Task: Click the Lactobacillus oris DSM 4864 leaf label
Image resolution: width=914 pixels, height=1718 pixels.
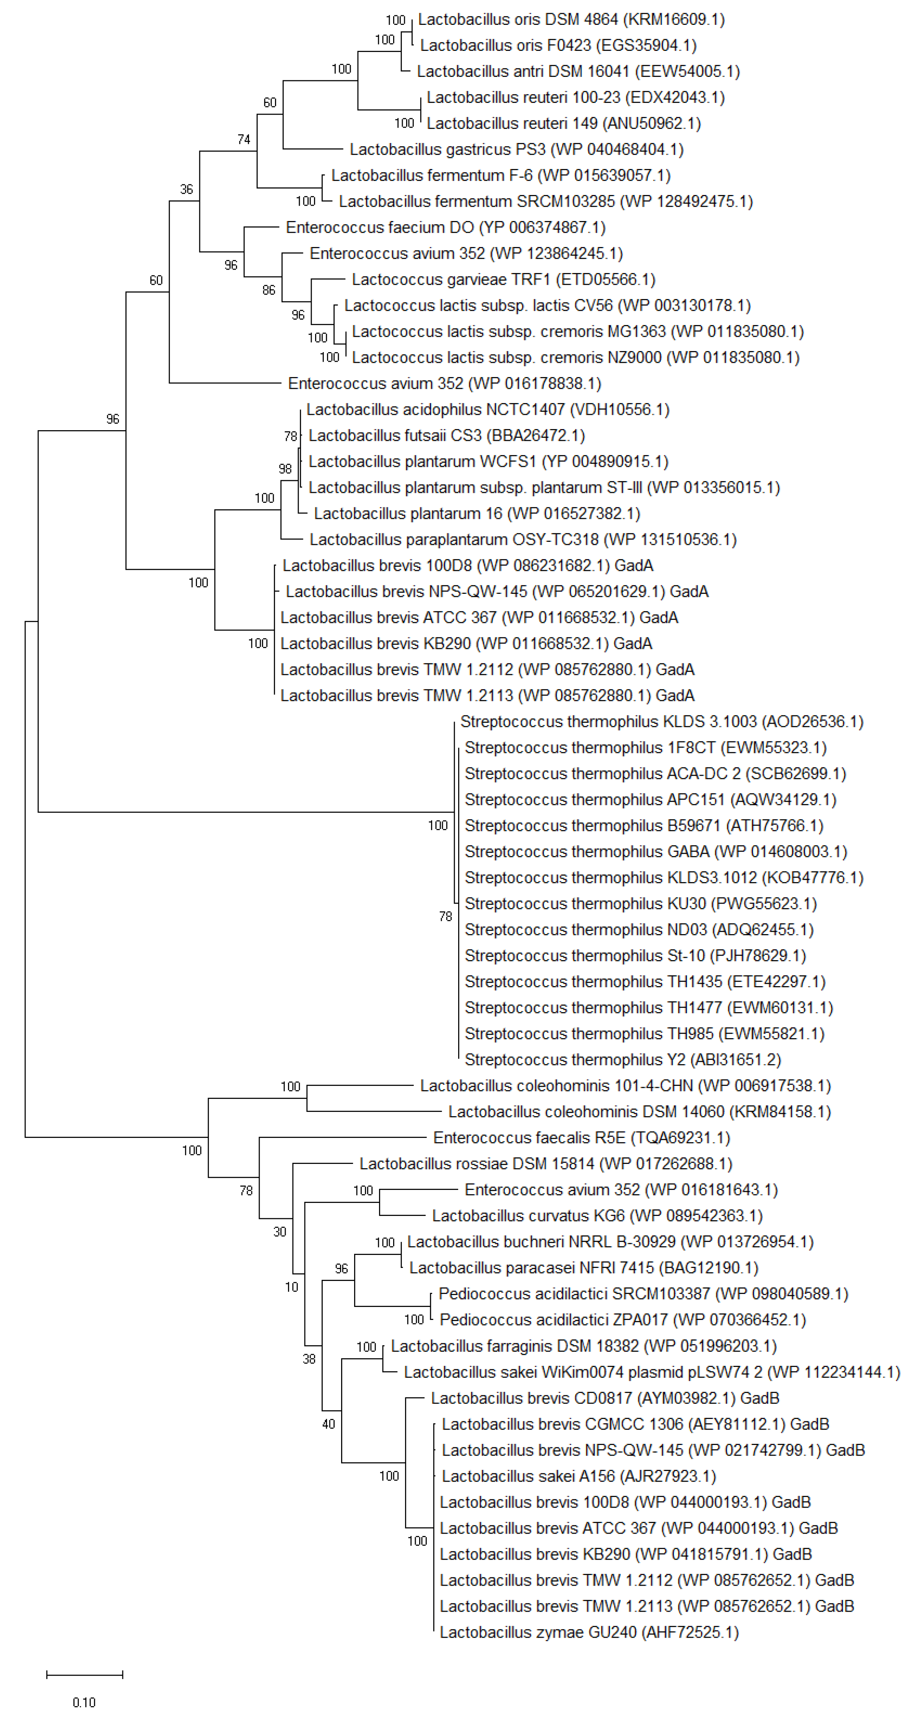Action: point(571,20)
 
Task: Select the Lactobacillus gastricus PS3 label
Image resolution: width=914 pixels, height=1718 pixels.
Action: point(516,150)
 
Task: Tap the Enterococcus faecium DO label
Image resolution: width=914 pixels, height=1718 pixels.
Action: point(445,228)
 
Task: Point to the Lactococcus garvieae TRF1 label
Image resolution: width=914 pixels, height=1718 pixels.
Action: point(503,280)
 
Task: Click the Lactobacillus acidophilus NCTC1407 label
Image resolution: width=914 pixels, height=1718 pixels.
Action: point(488,410)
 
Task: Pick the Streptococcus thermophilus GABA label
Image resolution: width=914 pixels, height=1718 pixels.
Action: point(655,852)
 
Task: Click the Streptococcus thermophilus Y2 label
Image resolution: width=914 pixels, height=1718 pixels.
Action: point(623,1060)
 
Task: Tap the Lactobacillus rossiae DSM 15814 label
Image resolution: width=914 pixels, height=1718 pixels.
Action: point(545,1164)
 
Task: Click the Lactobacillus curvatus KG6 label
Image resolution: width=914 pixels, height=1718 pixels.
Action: point(597,1216)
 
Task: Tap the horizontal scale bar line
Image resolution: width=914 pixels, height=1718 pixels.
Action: point(85,1674)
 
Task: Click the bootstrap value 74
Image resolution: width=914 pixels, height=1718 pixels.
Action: point(244,140)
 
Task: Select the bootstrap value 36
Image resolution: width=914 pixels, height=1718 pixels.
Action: point(186,189)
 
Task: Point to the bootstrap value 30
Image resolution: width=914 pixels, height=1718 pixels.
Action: point(280,1232)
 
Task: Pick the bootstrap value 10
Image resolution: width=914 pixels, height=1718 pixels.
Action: point(291,1287)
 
